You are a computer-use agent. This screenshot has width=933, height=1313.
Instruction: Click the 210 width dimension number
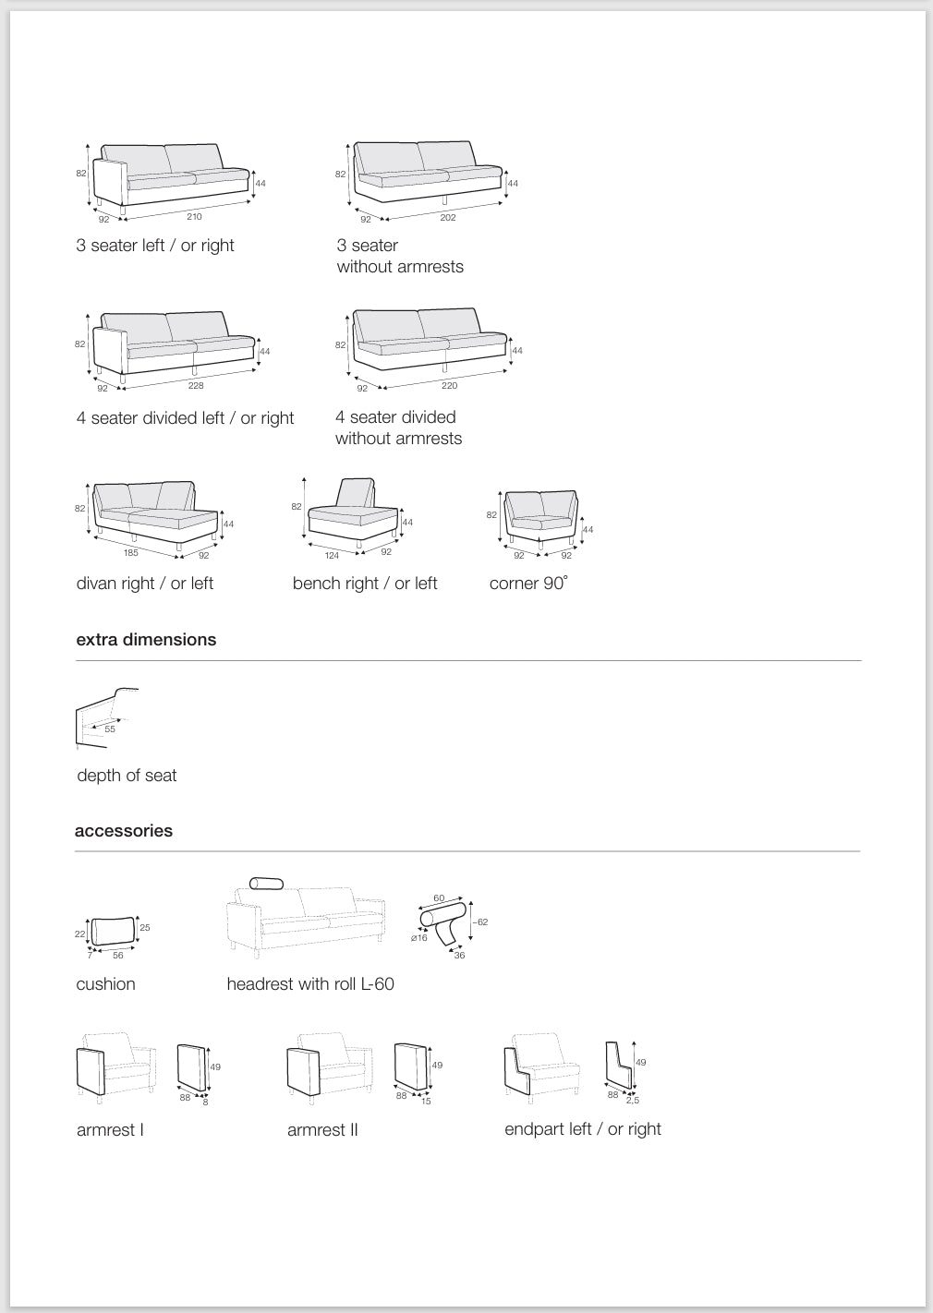194,217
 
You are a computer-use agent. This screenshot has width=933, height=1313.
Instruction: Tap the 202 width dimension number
448,218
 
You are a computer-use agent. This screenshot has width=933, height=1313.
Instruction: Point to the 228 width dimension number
196,386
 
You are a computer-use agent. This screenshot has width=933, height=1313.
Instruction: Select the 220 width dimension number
449,386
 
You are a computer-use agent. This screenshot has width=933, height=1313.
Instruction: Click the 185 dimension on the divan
131,554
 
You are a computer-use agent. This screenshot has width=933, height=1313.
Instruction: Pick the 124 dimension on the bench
332,556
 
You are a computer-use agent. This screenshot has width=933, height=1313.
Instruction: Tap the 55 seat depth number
110,729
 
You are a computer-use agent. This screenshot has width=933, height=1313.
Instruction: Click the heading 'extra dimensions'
146,640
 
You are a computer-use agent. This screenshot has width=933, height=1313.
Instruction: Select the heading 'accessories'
124,831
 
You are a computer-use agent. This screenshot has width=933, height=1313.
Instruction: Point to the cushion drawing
113,932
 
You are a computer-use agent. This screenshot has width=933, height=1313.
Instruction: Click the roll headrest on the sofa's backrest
267,884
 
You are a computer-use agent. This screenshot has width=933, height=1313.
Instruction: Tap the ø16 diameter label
419,938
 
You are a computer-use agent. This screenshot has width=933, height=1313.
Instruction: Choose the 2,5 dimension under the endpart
633,1101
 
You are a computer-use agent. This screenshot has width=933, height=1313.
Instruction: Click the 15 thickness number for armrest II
426,1101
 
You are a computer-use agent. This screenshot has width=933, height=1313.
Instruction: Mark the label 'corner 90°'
528,584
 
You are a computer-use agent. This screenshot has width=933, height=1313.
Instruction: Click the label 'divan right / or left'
145,584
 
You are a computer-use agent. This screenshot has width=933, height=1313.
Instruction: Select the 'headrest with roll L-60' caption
310,984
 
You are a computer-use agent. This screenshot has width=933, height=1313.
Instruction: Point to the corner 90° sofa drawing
540,519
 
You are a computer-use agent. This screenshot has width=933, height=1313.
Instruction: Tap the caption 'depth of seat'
127,776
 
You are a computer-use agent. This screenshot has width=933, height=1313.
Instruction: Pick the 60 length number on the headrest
439,898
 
